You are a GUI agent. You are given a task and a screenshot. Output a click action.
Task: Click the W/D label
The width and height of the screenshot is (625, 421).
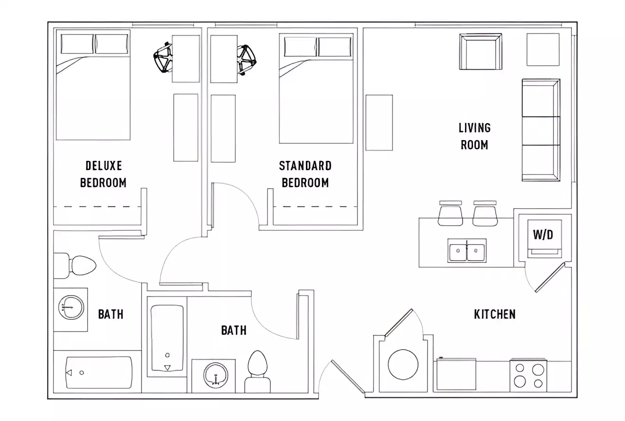[x=543, y=235]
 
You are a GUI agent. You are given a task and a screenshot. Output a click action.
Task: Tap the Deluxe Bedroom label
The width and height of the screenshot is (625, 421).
[x=103, y=174]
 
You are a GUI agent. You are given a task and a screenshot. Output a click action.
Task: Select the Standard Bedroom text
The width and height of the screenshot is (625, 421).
[x=305, y=174]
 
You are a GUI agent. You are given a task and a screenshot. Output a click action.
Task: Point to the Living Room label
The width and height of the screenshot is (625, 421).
[x=474, y=136]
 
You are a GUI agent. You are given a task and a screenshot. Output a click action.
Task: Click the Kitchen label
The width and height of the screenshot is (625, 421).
[x=495, y=314]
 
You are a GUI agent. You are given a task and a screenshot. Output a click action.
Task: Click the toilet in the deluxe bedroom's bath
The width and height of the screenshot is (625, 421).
[x=76, y=266]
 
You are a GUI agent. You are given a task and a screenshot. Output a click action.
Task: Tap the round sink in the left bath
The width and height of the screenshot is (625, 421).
[x=71, y=308]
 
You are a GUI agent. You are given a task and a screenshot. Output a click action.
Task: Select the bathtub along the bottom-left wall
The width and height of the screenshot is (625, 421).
[x=98, y=373]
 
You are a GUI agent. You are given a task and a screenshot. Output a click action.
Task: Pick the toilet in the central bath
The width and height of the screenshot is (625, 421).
[x=258, y=371]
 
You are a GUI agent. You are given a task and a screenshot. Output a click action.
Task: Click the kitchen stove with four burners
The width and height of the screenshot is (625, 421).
[x=528, y=376]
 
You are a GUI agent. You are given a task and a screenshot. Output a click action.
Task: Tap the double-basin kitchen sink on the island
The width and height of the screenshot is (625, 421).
[x=467, y=251]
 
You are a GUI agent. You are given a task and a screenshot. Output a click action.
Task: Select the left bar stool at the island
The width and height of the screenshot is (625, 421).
[x=450, y=214]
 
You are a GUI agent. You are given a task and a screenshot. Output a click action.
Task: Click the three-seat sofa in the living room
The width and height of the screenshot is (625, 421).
[x=541, y=130]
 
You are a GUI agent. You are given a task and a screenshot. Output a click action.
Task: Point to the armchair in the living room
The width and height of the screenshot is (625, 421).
[x=481, y=52]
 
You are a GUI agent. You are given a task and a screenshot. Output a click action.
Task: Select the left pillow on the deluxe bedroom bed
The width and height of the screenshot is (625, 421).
[x=78, y=44]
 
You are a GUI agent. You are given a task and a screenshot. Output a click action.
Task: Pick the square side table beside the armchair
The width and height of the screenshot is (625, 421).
[x=543, y=50]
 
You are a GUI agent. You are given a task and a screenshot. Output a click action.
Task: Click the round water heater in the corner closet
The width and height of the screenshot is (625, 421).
[x=403, y=365]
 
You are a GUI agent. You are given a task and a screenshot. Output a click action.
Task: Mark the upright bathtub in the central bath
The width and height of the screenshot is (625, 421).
[x=167, y=338]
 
